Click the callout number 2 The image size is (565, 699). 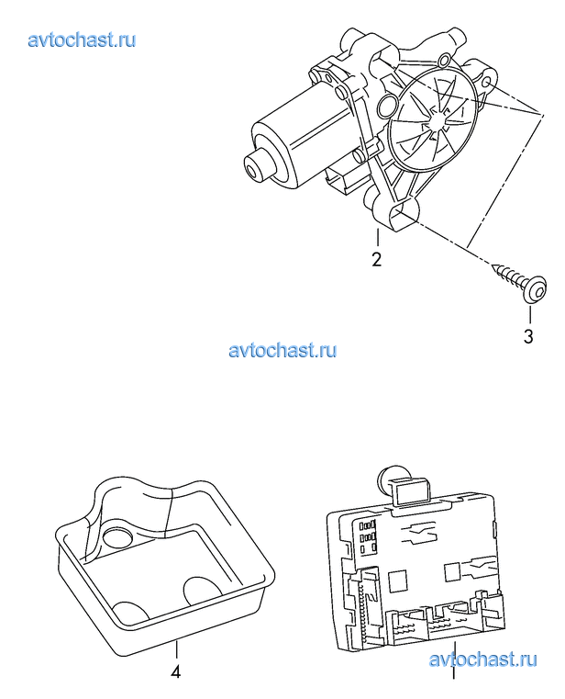[377, 259]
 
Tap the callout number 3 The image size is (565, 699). [528, 336]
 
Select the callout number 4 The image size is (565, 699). [176, 671]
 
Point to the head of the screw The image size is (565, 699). [535, 290]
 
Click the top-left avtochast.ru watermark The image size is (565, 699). [82, 40]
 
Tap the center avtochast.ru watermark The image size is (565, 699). [282, 350]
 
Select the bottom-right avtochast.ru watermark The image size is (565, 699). [483, 660]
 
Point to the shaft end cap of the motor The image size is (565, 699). [256, 165]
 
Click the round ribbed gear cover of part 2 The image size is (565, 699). [433, 118]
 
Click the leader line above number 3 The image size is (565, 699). [530, 314]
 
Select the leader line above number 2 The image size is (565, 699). [378, 237]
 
